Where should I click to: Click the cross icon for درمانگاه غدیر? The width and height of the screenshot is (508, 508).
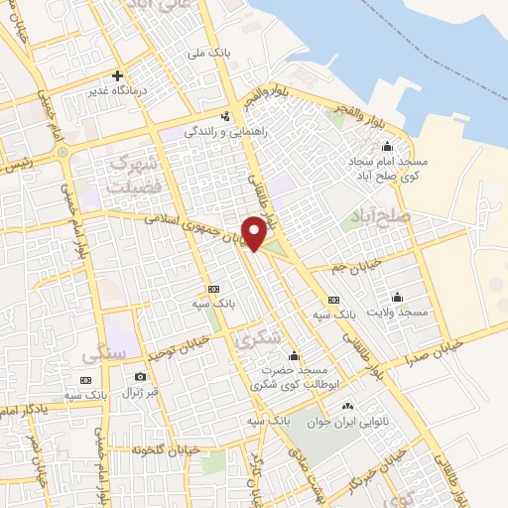click(117, 75)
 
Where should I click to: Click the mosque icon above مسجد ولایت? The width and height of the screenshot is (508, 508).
click(398, 296)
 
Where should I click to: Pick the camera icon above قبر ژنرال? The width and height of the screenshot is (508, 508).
click(140, 376)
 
